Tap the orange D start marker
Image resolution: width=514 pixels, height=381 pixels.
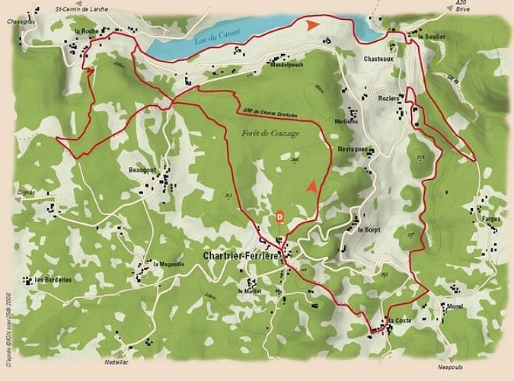(x=279, y=217)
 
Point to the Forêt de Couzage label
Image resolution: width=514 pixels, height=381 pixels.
(x=270, y=133)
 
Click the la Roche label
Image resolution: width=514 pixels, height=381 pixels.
(x=85, y=30)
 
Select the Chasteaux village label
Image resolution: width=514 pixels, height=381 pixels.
(x=378, y=59)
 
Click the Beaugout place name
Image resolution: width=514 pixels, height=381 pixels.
(x=142, y=169)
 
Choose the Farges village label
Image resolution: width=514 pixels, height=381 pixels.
(x=491, y=218)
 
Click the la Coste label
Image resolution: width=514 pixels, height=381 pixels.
(x=400, y=321)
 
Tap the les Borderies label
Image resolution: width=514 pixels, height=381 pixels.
(x=53, y=280)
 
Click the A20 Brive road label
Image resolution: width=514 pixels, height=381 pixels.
(x=461, y=8)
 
